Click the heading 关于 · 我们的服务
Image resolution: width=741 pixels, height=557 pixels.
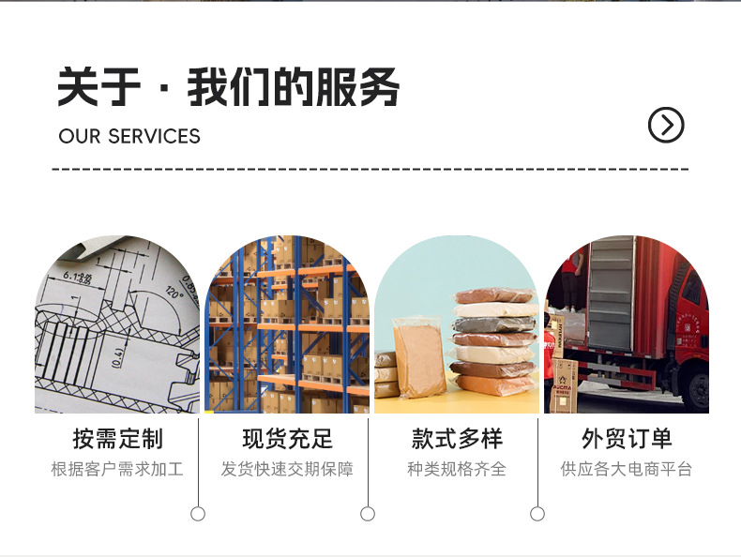click(x=228, y=88)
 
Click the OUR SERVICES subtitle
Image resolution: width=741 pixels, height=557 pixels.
click(x=129, y=136)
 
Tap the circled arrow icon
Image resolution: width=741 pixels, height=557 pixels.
click(x=666, y=125)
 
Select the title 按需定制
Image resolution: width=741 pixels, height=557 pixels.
click(x=117, y=439)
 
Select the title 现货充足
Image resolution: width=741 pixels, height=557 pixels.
click(x=287, y=439)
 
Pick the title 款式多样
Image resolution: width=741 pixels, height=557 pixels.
click(x=457, y=439)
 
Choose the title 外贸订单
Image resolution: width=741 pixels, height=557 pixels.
click(x=627, y=439)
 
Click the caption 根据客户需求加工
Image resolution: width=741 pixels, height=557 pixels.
click(x=117, y=469)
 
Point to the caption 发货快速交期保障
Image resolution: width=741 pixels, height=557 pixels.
click(x=287, y=469)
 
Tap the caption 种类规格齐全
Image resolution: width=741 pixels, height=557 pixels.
click(x=457, y=469)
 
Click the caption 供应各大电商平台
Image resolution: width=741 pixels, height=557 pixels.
click(x=627, y=469)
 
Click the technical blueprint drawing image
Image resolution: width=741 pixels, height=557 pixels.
click(x=117, y=328)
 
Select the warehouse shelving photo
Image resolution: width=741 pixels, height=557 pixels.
click(x=287, y=328)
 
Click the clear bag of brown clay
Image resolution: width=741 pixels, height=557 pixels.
click(x=418, y=356)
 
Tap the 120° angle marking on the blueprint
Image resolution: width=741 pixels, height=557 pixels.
click(x=175, y=292)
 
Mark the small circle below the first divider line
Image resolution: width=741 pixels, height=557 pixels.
click(x=198, y=514)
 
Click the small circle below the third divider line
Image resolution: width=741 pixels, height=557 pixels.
click(x=537, y=514)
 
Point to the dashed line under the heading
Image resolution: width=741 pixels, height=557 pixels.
click(x=370, y=169)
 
